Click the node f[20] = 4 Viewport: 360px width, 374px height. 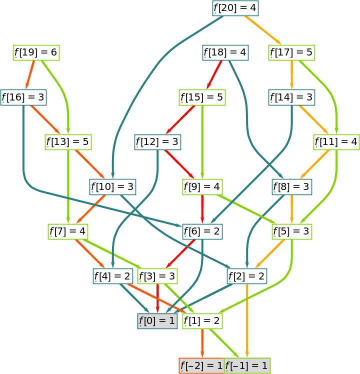235,8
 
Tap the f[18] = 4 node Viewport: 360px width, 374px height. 225,52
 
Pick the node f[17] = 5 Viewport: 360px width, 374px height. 291,52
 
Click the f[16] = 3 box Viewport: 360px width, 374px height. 23,97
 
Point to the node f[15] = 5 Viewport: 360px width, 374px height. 202,97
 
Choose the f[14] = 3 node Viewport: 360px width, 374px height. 291,97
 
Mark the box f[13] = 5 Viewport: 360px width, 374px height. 67,142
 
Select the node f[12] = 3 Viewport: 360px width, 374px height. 157,142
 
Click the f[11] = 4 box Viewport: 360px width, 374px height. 336,142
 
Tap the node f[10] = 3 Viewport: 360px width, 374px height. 112,187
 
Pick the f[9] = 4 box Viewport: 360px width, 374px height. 202,187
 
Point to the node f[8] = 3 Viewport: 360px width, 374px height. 292,187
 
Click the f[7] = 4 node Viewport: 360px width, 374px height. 67,231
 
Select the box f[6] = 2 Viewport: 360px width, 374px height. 202,231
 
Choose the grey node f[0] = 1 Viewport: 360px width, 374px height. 157,321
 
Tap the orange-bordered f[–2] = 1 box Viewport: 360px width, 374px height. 201,366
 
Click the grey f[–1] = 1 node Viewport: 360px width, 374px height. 247,366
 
